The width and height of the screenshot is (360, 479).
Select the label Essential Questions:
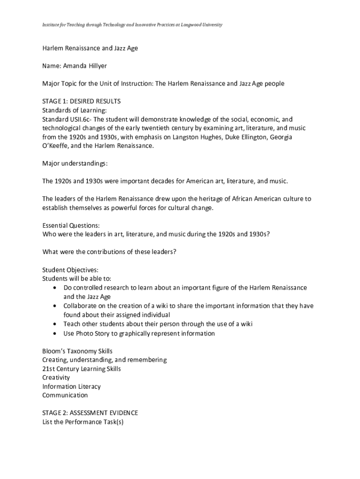[x=71, y=225]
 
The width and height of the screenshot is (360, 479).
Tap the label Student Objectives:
[x=70, y=270]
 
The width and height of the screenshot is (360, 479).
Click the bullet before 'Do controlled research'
[x=56, y=288]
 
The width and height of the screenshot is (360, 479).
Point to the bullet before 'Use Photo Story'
[x=56, y=334]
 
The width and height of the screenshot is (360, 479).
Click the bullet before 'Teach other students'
[x=56, y=324]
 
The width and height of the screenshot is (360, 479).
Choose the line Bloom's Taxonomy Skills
[x=77, y=351]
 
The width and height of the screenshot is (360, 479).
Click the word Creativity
[x=56, y=377]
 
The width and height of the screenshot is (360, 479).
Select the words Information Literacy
[x=72, y=386]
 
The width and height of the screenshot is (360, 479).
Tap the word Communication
[x=65, y=395]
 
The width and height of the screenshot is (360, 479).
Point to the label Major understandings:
[x=75, y=164]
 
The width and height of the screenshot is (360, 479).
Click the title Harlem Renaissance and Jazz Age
[x=90, y=48]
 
